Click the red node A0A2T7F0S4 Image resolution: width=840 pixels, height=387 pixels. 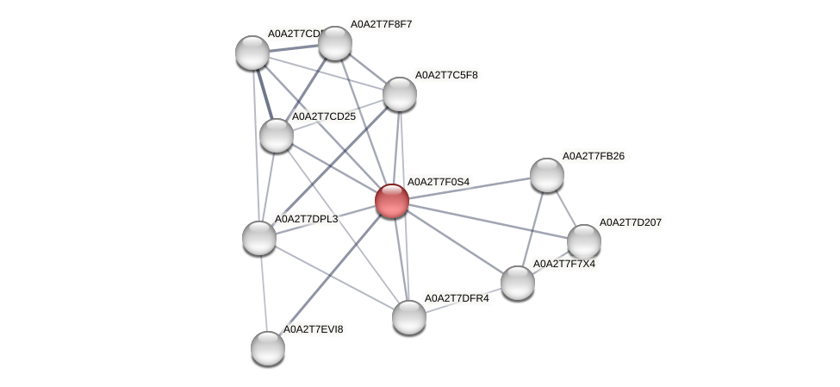tap(392, 201)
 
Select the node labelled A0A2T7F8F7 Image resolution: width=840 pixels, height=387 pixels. tap(335, 43)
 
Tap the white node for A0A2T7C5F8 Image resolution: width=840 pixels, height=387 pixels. tap(400, 94)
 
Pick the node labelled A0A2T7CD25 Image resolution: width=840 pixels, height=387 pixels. tap(276, 134)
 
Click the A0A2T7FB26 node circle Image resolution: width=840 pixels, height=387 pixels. tap(547, 175)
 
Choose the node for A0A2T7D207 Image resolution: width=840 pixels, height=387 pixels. tap(584, 241)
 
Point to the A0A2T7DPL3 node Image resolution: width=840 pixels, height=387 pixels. tap(258, 238)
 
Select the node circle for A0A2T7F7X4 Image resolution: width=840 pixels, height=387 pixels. tap(518, 282)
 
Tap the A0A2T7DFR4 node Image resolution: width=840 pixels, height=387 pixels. tap(409, 316)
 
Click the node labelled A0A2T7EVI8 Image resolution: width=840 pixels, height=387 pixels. tap(268, 347)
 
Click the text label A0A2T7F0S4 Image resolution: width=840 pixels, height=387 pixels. tap(438, 182)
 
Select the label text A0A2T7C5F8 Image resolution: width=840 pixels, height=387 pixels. tap(446, 75)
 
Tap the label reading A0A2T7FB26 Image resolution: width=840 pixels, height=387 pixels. tap(594, 156)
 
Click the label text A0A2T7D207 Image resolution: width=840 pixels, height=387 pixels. tap(631, 222)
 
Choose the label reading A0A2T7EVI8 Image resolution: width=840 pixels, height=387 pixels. tap(315, 329)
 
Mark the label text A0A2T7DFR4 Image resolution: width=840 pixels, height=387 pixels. tap(457, 298)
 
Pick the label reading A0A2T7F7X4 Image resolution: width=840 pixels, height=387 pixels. tap(564, 264)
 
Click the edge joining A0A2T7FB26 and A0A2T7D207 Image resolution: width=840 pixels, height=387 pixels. tap(565, 208)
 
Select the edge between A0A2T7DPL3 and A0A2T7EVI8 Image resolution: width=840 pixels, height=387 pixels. tap(263, 293)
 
